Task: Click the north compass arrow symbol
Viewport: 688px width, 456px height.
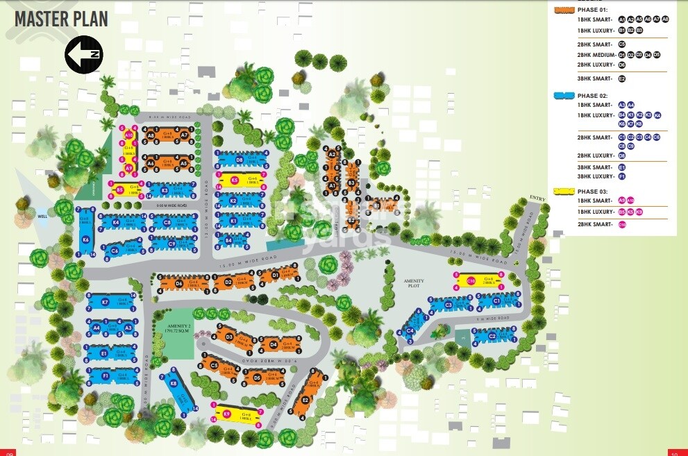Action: point(84,55)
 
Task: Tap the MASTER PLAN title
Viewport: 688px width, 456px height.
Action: point(62,19)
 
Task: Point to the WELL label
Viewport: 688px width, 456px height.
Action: point(42,217)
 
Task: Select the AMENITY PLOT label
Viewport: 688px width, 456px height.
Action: point(414,283)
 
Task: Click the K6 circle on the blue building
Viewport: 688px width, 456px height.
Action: point(85,240)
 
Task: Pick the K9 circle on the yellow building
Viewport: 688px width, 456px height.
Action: point(226,414)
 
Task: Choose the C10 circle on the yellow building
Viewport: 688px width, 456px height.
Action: point(471,281)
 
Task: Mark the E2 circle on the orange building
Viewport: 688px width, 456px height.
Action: point(305,400)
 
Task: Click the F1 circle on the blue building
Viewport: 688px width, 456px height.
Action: point(106,375)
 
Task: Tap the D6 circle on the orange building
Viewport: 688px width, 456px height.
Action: point(179,283)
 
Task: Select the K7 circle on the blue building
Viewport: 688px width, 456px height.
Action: point(106,302)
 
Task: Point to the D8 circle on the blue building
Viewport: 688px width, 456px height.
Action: point(239,160)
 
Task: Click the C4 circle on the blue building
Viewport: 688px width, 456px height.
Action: point(410,330)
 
